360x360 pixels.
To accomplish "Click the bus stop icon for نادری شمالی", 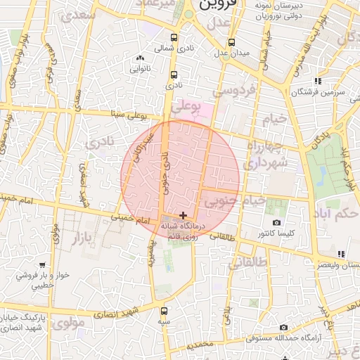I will [x=174, y=39].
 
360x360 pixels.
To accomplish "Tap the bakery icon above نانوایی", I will [x=140, y=58].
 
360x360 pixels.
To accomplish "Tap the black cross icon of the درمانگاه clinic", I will [x=184, y=215].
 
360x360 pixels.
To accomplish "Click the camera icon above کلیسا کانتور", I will [x=276, y=222].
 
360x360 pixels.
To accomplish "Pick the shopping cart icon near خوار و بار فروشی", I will [x=43, y=265].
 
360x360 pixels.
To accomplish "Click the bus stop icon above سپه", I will [x=164, y=310].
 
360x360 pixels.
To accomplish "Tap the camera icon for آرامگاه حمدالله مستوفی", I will [x=283, y=328].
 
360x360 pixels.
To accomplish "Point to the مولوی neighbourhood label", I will [x=68, y=323].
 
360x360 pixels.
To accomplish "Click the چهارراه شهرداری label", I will [x=264, y=155].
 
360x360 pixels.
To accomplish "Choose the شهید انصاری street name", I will [x=120, y=312].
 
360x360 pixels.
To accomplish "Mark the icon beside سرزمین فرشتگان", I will [x=319, y=81].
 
